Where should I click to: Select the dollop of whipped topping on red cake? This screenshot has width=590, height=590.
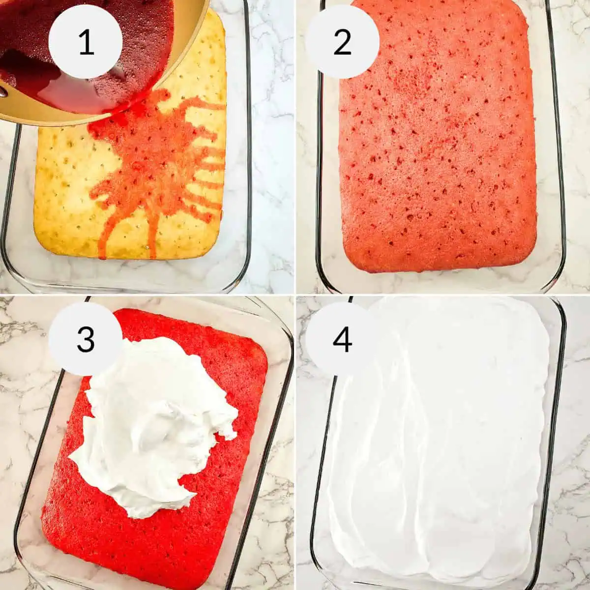(152, 423)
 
